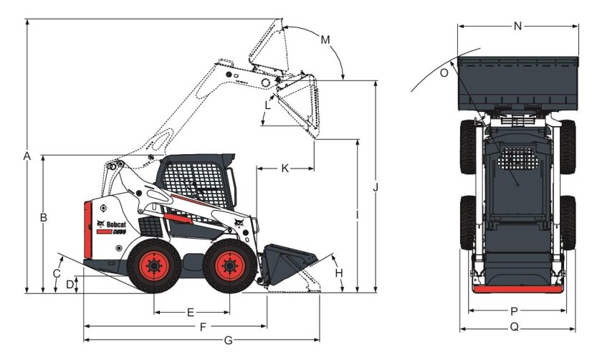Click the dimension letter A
pyautogui.click(x=27, y=156)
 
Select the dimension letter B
pyautogui.click(x=44, y=217)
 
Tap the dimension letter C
pyautogui.click(x=57, y=273)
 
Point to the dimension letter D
pyautogui.click(x=70, y=284)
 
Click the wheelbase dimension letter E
pyautogui.click(x=191, y=313)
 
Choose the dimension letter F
pyautogui.click(x=203, y=326)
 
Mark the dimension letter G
pyautogui.click(x=229, y=339)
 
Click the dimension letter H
pyautogui.click(x=340, y=273)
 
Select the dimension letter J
pyautogui.click(x=375, y=187)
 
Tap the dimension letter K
pyautogui.click(x=285, y=169)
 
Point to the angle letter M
pyautogui.click(x=325, y=39)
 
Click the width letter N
pyautogui.click(x=518, y=27)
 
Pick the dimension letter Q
pyautogui.click(x=515, y=328)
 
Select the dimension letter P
pyautogui.click(x=515, y=311)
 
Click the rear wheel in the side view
pyautogui.click(x=153, y=267)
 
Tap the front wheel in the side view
pyautogui.click(x=229, y=267)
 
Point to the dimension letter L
pyautogui.click(x=267, y=105)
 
